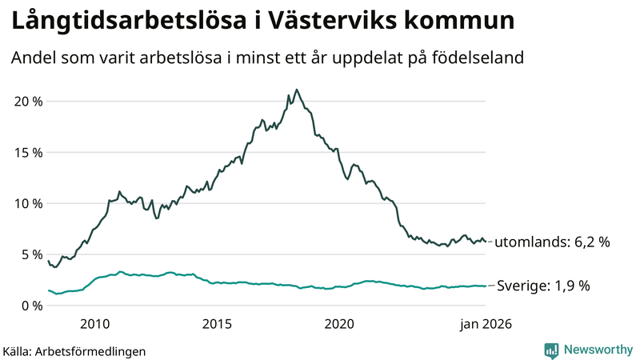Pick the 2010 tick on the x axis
pyautogui.click(x=94, y=324)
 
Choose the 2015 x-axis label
pyautogui.click(x=217, y=324)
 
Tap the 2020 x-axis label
pyautogui.click(x=339, y=324)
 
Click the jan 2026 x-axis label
pyautogui.click(x=485, y=324)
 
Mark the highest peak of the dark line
pyautogui.click(x=297, y=90)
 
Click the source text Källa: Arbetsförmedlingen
pyautogui.click(x=74, y=351)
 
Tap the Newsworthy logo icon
pyautogui.click(x=551, y=350)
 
